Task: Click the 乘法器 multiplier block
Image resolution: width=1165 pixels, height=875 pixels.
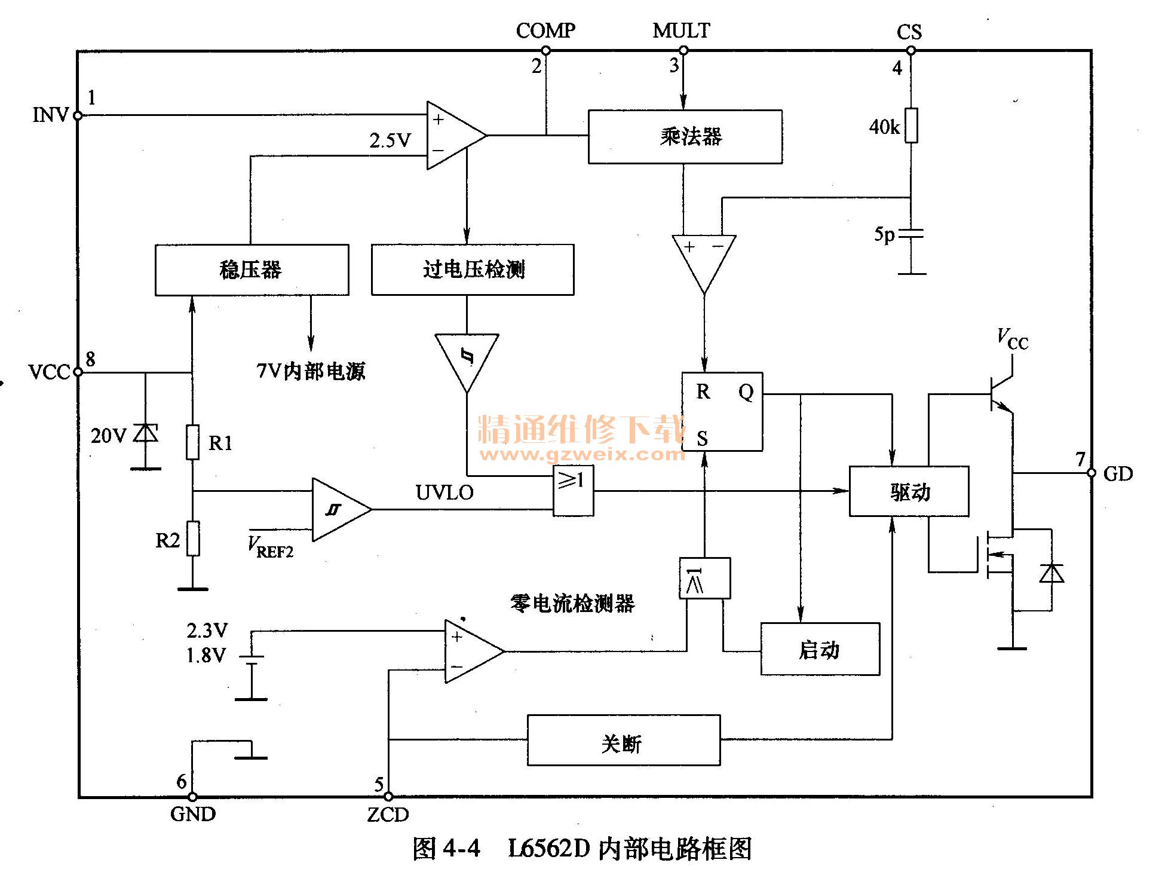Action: point(685,137)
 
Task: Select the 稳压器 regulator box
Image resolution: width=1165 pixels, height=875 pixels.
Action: point(252,270)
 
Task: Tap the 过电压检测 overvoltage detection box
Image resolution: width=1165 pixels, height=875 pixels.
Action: point(472,270)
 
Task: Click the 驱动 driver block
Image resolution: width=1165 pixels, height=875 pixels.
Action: point(908,491)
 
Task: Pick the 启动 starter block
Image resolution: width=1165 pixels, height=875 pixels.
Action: point(820,649)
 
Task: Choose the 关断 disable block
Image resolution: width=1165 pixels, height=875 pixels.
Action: point(623,741)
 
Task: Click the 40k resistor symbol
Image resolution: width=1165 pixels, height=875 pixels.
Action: point(910,126)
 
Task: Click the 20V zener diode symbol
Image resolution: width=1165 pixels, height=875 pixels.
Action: point(146,432)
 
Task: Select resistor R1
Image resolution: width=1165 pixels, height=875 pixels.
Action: point(192,442)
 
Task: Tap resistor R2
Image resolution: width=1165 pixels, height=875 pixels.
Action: point(192,539)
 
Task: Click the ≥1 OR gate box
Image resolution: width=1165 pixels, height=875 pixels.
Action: point(573,491)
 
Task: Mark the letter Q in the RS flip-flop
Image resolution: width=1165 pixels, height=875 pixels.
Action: point(746,393)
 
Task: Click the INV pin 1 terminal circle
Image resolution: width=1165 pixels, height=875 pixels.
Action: point(78,115)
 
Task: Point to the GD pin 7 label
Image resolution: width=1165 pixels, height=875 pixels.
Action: point(1117,474)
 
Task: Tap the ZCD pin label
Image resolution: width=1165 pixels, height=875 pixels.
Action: point(388,815)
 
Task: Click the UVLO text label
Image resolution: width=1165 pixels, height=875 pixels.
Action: point(444,492)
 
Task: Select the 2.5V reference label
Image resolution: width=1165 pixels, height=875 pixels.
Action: point(390,140)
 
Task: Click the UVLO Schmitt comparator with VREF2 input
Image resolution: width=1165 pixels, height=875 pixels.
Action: point(339,509)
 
